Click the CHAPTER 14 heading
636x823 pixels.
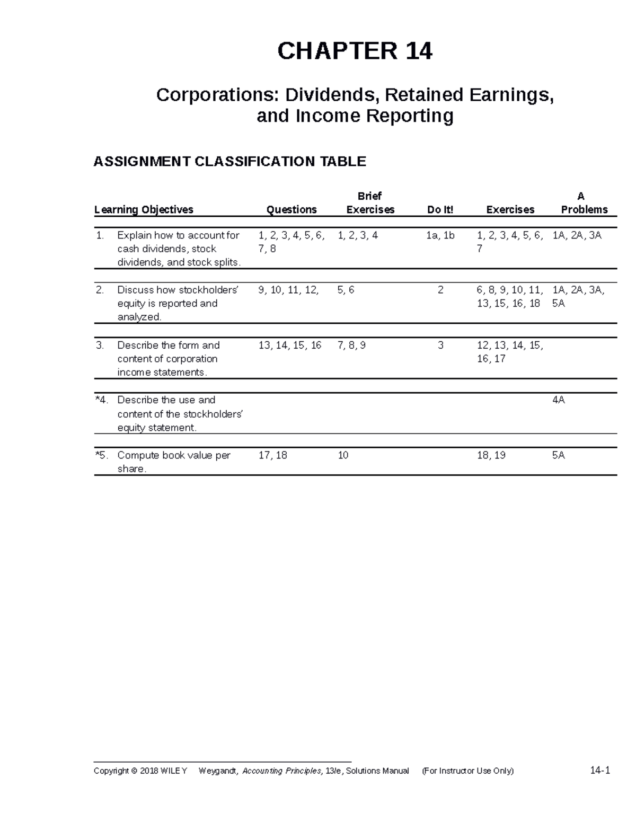click(x=355, y=51)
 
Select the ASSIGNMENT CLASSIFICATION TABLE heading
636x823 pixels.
click(x=229, y=161)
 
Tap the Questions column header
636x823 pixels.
click(x=291, y=210)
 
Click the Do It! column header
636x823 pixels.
click(x=440, y=210)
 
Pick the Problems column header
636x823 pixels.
click(x=584, y=210)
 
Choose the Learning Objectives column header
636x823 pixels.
click(x=144, y=210)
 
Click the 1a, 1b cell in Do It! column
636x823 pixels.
click(x=440, y=235)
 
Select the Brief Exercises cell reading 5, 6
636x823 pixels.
click(x=346, y=290)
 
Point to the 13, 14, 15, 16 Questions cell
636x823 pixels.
click(x=290, y=345)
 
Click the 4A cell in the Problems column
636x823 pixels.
click(x=559, y=400)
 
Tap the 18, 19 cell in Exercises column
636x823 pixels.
click(x=491, y=455)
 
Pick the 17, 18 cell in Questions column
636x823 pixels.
click(x=272, y=455)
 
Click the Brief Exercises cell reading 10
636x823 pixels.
click(x=343, y=455)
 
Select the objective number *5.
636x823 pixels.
click(x=103, y=455)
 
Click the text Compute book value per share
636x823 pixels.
click(x=173, y=462)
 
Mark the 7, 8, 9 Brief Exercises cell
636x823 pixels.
click(x=351, y=345)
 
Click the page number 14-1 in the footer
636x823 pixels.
click(x=600, y=771)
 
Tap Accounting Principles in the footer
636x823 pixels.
click(x=281, y=771)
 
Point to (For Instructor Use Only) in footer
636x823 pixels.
click(x=467, y=771)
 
